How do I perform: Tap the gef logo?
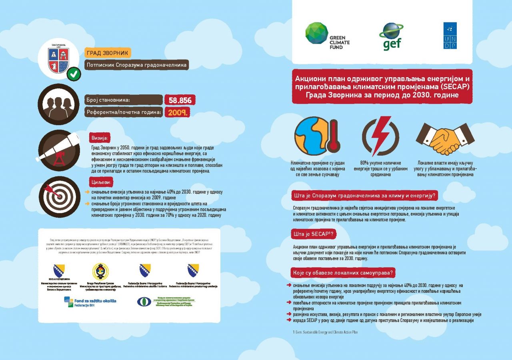tap(391, 36)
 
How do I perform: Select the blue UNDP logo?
tap(450, 36)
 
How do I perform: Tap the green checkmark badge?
tap(73, 74)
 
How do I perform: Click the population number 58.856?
tap(180, 100)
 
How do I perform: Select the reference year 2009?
tap(176, 112)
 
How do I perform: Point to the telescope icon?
tap(59, 149)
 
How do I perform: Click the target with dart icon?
tap(59, 195)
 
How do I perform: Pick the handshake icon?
tap(445, 136)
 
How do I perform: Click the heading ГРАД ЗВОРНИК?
tap(108, 53)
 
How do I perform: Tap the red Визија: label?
tap(100, 138)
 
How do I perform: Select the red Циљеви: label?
tap(101, 182)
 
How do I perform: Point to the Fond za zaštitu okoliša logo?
tap(90, 302)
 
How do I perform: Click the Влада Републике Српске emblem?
tap(100, 271)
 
